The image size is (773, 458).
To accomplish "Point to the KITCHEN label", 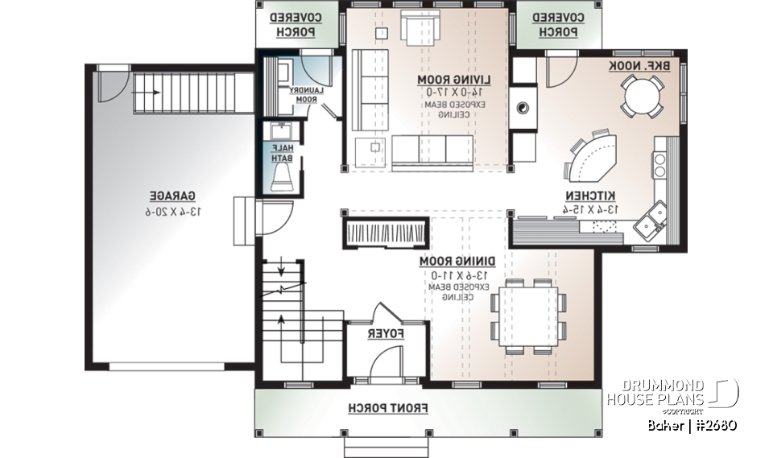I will [x=590, y=196].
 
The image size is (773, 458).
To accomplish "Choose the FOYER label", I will [x=386, y=332].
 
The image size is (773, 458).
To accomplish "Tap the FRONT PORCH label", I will [x=388, y=408].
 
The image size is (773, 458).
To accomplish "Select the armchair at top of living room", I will [x=418, y=29].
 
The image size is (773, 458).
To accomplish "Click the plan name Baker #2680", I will [x=691, y=424].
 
